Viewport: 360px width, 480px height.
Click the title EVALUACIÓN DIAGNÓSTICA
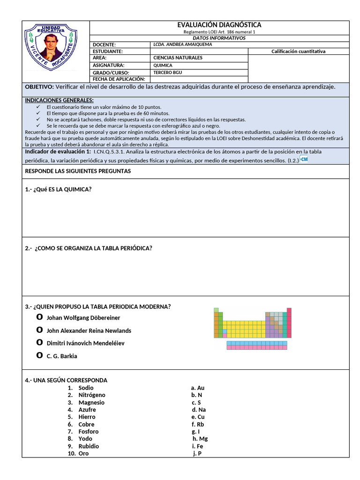coord(219,24)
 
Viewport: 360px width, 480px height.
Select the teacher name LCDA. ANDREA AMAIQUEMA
coord(182,45)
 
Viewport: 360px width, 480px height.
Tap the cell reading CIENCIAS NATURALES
coord(171,58)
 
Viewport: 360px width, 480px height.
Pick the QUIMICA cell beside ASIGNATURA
coord(163,66)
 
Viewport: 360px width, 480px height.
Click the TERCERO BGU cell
coord(167,73)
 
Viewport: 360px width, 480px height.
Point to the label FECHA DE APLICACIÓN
coord(119,79)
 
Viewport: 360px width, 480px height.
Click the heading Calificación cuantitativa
coord(298,52)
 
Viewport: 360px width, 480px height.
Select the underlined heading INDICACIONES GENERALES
coord(59,100)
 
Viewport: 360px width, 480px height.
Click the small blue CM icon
coord(304,160)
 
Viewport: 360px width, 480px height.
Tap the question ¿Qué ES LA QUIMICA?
coord(58,189)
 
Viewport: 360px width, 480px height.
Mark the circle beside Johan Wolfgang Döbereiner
coord(39,317)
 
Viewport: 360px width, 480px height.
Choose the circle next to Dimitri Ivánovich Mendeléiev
coord(39,343)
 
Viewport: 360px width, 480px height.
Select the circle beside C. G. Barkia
coord(39,355)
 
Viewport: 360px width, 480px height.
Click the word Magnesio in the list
coord(91,402)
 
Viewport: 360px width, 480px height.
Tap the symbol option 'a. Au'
coord(197,388)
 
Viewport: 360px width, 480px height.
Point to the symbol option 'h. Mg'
coord(200,439)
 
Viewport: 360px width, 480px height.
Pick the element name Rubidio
coord(89,446)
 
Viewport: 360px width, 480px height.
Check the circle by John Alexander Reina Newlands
coord(39,330)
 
